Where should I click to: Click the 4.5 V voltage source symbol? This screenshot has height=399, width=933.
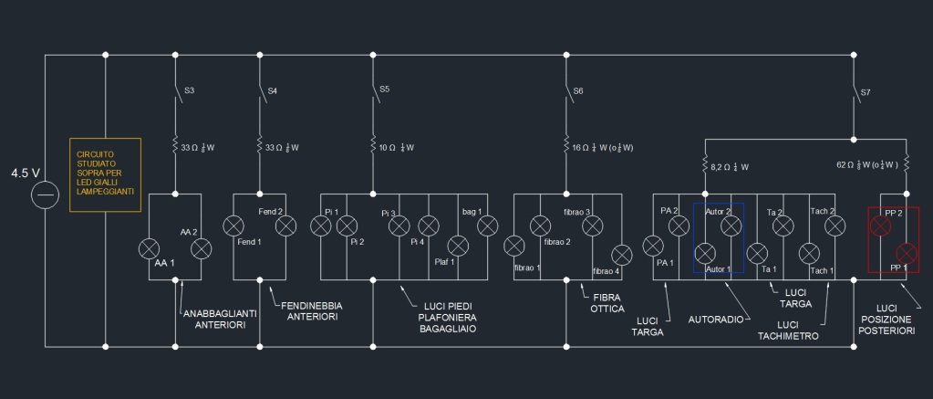tap(45, 194)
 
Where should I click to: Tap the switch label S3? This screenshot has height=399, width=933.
tap(189, 90)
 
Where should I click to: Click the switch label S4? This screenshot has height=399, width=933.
tap(273, 90)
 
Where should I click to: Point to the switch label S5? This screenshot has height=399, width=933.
tap(384, 89)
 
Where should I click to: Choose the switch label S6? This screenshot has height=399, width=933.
tap(577, 90)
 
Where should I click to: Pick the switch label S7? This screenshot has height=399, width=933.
tap(865, 92)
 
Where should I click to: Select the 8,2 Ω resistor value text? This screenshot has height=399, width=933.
tap(731, 167)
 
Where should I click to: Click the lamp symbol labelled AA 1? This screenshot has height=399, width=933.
tap(148, 247)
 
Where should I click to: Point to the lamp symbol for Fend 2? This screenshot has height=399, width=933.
tap(285, 225)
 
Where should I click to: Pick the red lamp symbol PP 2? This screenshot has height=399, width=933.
tap(880, 225)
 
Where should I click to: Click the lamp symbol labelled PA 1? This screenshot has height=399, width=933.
tap(653, 246)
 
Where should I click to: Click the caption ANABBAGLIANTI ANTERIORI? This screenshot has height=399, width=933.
tap(220, 318)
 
